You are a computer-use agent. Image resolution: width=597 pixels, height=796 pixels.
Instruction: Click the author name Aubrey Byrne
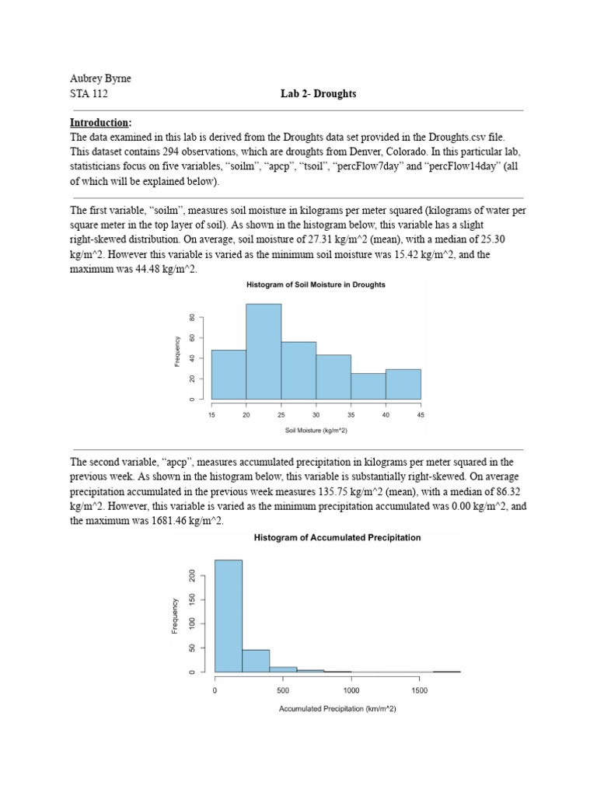tap(101, 79)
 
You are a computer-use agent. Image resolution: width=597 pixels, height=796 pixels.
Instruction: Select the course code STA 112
tap(89, 94)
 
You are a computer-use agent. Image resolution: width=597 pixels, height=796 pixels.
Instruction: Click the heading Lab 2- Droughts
tap(318, 94)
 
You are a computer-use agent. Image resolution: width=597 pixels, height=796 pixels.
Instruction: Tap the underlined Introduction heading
tap(100, 123)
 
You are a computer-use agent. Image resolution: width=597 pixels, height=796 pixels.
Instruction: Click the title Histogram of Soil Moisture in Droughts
tap(316, 285)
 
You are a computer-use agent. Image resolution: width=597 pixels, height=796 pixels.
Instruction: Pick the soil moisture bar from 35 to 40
tap(368, 386)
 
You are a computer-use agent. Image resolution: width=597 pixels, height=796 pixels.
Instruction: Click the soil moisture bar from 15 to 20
tap(229, 374)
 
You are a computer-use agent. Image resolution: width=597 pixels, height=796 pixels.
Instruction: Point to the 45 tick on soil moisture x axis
tap(421, 415)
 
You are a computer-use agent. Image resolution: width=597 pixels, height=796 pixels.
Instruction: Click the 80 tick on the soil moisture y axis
tap(191, 317)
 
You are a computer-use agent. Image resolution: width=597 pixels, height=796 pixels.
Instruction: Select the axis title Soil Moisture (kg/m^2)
tap(316, 430)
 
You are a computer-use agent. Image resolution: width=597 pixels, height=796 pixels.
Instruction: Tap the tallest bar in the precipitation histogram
tap(228, 616)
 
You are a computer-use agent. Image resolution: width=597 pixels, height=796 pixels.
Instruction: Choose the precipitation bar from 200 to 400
tap(256, 661)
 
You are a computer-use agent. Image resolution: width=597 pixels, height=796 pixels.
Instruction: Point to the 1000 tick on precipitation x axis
tap(351, 689)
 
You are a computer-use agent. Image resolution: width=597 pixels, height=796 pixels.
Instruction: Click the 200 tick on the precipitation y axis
tap(192, 575)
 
